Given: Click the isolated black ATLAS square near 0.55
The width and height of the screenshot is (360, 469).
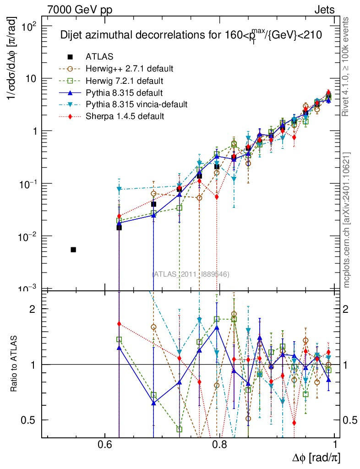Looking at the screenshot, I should pyautogui.click(x=73, y=250).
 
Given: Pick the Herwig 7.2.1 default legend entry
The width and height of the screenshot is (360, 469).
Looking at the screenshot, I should pyautogui.click(x=124, y=81).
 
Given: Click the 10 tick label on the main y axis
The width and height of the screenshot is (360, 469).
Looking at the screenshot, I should pyautogui.click(x=30, y=78).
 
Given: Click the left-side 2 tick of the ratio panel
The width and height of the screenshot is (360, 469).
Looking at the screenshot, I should pyautogui.click(x=32, y=309).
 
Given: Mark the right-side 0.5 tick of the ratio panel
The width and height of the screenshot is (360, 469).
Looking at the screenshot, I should pyautogui.click(x=350, y=420).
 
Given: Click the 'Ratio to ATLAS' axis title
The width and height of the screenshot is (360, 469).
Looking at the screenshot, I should pyautogui.click(x=14, y=364).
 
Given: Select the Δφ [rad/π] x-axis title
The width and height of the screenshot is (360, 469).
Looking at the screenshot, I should pyautogui.click(x=316, y=458).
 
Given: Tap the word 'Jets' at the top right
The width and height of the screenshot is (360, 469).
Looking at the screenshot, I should pyautogui.click(x=324, y=9).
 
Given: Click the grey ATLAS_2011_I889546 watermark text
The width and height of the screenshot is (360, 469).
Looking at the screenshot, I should pyautogui.click(x=191, y=274).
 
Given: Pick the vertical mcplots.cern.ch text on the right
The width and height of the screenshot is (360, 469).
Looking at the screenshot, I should pyautogui.click(x=347, y=220).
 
